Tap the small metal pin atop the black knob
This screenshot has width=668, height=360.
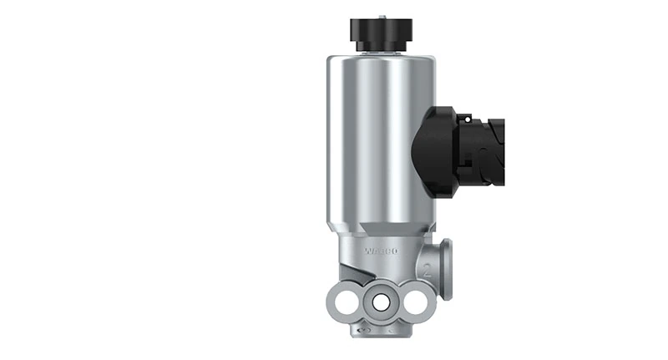382,14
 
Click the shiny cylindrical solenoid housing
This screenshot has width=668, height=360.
367,142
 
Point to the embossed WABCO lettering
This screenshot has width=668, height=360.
382,251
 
